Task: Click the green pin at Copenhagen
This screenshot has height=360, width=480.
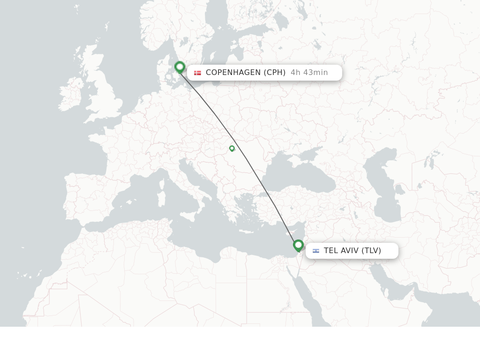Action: (x=180, y=67)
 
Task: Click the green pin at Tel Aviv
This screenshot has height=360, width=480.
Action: (x=298, y=245)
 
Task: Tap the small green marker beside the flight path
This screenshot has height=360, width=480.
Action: (x=232, y=149)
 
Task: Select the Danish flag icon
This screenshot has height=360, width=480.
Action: (x=197, y=73)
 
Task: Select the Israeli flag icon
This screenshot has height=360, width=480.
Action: (x=316, y=251)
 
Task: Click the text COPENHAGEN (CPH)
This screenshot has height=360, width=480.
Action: (x=246, y=73)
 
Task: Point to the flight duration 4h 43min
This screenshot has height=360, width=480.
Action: (x=309, y=73)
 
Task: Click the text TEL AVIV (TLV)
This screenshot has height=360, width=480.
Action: (x=352, y=251)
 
